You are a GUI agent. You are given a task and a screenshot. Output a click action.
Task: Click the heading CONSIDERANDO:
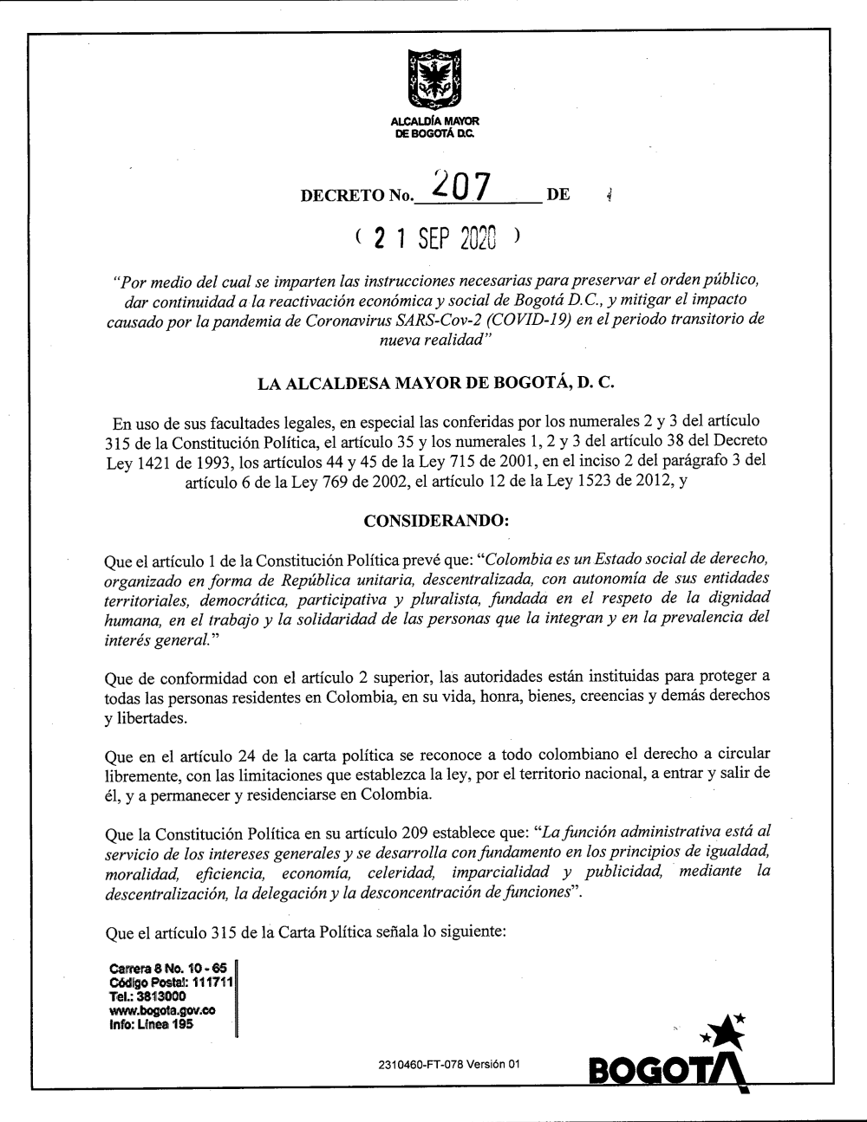point(434,521)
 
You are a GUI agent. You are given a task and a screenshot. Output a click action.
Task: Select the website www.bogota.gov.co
point(162,1011)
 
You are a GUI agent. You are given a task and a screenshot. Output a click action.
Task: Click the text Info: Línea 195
point(151,1025)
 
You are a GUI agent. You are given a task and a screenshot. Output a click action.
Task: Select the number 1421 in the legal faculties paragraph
point(157,462)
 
